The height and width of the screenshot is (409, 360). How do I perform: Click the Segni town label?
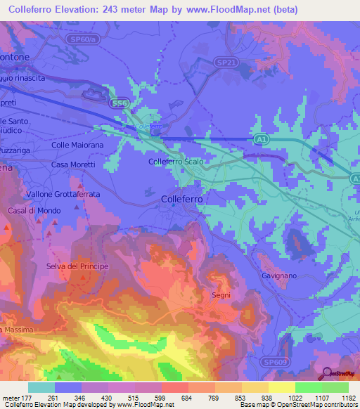coord(221,295)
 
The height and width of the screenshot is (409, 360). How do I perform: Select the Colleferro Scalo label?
coord(176,162)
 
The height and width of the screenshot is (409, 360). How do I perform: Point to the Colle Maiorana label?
coord(77,145)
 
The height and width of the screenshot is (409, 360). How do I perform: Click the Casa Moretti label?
coord(73,164)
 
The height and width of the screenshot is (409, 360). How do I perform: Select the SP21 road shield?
coord(224,63)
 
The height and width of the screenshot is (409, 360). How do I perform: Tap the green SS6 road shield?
coord(119,103)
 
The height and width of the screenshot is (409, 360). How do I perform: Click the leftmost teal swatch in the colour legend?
coord(41,387)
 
